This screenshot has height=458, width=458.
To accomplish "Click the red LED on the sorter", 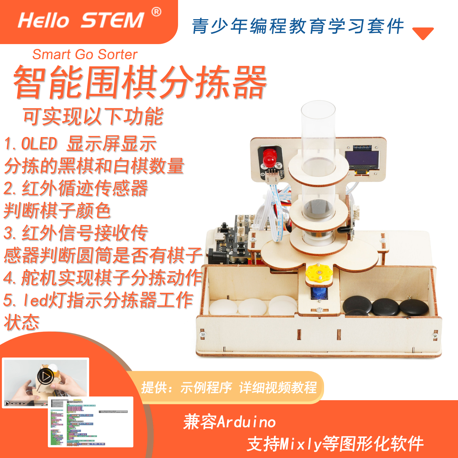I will click(269, 158).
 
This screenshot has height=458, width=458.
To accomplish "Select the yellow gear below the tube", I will click(319, 273).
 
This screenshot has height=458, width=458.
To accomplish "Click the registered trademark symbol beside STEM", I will click(156, 12).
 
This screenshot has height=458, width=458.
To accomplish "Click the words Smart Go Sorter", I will click(85, 54).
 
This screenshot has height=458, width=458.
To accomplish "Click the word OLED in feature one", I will click(39, 144).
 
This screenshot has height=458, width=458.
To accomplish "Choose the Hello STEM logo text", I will click(81, 20).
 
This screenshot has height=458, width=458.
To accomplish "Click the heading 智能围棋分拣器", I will click(140, 82).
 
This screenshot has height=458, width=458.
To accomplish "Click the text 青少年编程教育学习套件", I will click(298, 26).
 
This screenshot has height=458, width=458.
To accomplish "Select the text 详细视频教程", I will click(278, 388).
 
